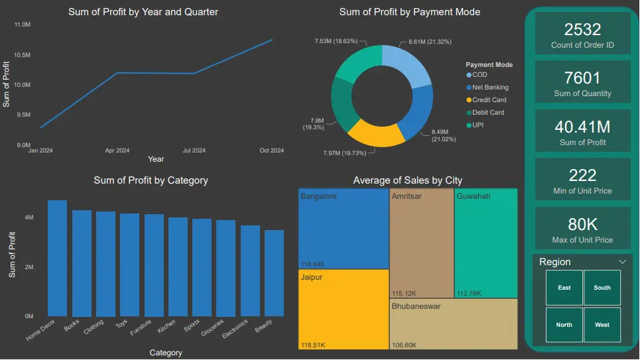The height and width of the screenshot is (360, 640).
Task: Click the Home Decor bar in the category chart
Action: coord(57,259)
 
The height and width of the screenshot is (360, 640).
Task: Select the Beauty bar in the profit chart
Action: coord(274,273)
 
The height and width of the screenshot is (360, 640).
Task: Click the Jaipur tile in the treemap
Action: coord(344,309)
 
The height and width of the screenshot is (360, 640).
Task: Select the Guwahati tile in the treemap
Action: coord(485,243)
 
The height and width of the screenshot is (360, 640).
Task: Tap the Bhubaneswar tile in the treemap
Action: coord(453,324)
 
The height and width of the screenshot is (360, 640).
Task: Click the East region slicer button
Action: coord(564,288)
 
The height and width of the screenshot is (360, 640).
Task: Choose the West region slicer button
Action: coord(602,325)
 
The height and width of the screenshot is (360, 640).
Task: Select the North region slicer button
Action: coord(564,325)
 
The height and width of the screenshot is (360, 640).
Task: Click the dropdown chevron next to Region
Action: coord(622,262)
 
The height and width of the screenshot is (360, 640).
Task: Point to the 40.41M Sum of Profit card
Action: coord(582,132)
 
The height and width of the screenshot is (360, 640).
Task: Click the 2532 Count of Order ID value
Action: coord(582,29)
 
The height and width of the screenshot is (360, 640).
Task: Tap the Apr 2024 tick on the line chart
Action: coord(117,150)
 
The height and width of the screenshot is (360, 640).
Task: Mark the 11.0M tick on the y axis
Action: coord(22,25)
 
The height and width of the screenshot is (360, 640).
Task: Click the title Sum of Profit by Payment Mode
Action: coord(409,12)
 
